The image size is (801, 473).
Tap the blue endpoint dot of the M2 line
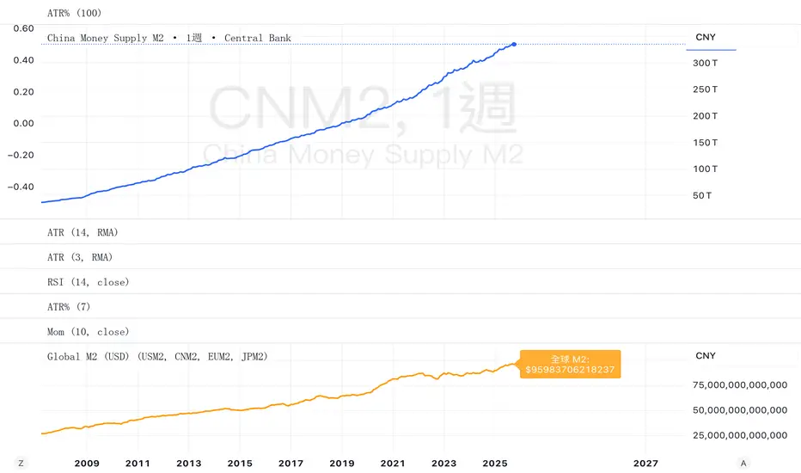point(514,44)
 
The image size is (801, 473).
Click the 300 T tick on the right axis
point(705,63)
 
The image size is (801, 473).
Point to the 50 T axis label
point(702,196)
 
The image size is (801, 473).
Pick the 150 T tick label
point(705,143)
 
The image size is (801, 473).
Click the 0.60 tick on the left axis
point(23,28)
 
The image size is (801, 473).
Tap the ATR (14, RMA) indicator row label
point(82,232)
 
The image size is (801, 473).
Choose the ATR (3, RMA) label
point(79,257)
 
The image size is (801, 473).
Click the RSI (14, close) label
point(88,282)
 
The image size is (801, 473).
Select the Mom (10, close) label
point(88,332)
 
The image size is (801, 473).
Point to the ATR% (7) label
point(69,307)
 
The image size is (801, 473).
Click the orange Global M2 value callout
point(570,365)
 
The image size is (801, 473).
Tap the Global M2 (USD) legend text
point(157,356)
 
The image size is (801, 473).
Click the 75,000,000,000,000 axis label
point(740,385)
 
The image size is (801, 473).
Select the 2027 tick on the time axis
point(645,463)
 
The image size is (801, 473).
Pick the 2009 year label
point(87,463)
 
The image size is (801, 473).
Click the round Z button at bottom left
point(21,463)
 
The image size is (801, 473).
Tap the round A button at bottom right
point(743,463)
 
